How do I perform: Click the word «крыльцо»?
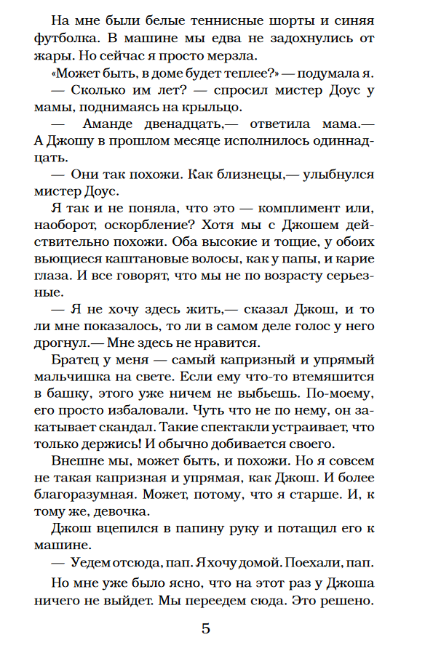212,108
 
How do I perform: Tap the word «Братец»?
79,361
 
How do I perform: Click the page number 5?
206,628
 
